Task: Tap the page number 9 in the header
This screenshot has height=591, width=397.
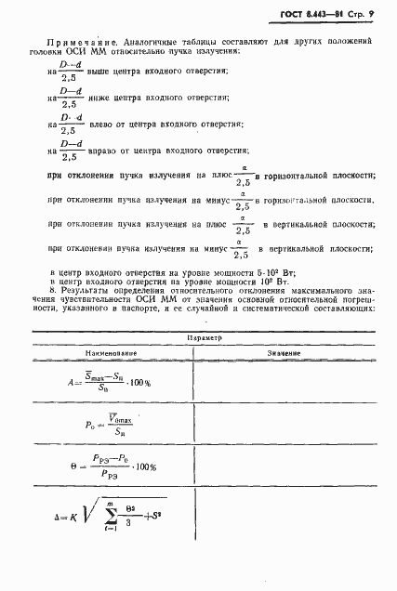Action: [x=369, y=16]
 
